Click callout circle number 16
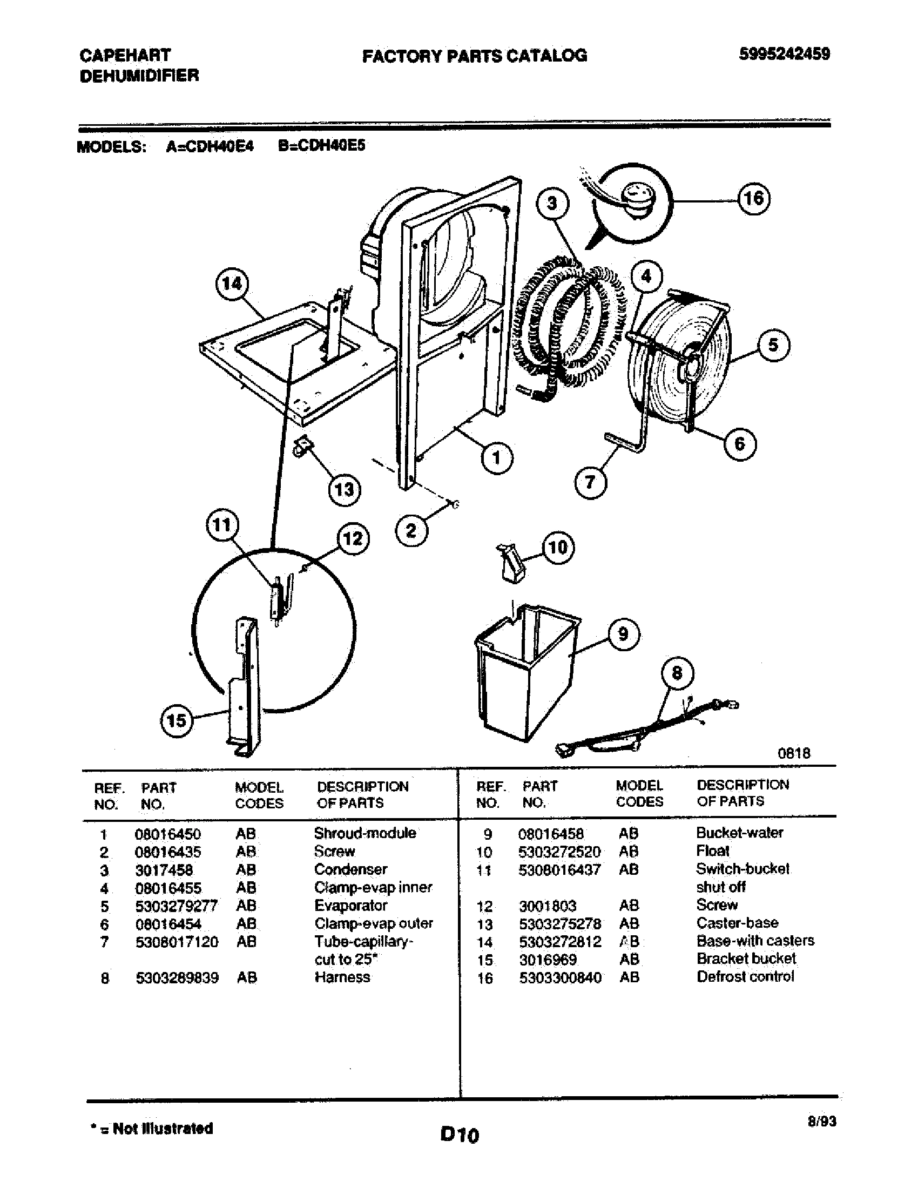click(x=754, y=199)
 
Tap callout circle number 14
click(x=232, y=284)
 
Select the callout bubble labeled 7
click(x=591, y=482)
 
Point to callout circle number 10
click(x=558, y=547)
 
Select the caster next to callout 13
click(x=302, y=445)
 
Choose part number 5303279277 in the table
click(x=176, y=906)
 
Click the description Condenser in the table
click(x=351, y=870)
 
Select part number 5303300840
click(x=559, y=978)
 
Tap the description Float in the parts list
click(x=712, y=850)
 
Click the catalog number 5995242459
click(x=784, y=54)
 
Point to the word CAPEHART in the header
click(x=125, y=55)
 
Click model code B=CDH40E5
click(x=321, y=146)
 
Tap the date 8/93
click(x=822, y=1121)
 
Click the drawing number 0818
click(x=793, y=753)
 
